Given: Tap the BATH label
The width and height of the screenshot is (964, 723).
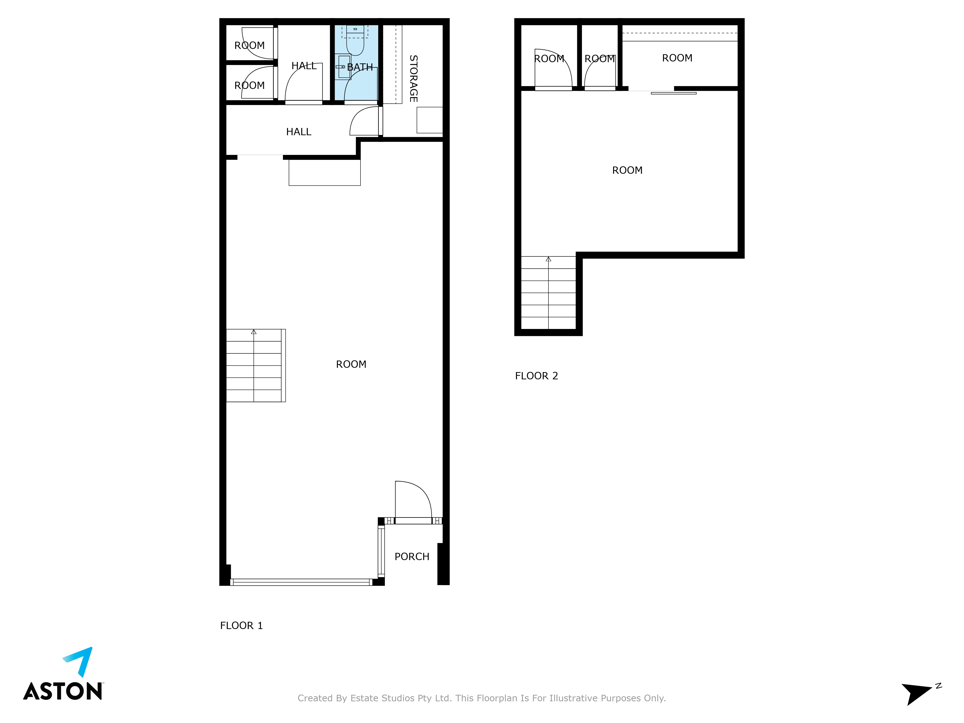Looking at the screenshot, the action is (x=360, y=67).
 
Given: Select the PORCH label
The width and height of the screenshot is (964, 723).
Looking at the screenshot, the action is (x=412, y=556).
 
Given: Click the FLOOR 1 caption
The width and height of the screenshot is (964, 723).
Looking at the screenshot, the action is (x=241, y=625).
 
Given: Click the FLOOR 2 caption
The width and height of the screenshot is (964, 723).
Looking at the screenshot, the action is (x=536, y=376).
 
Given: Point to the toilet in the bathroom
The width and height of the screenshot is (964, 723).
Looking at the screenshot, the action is (x=355, y=40).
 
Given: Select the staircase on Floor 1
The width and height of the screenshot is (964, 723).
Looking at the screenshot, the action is (x=256, y=365).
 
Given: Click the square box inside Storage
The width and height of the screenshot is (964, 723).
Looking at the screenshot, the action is (x=430, y=120).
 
